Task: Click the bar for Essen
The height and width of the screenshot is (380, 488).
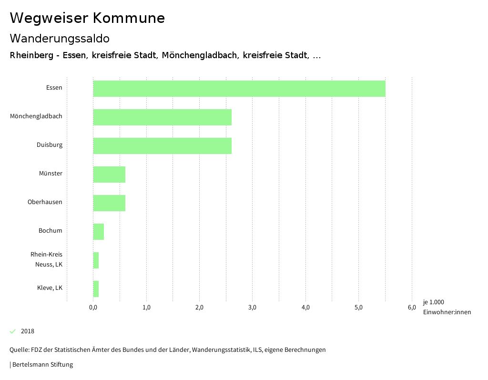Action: pos(239,89)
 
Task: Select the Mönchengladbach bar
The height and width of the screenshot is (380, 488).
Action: pos(162,117)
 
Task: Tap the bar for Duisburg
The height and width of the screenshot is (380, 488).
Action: pos(162,146)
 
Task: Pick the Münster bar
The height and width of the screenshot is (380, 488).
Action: pos(109,175)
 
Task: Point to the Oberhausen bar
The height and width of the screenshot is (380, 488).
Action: pos(109,203)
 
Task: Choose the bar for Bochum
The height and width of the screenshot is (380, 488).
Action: pos(98,232)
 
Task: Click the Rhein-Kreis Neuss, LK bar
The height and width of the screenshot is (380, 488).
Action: pos(96,260)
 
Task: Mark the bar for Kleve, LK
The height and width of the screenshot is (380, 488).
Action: pos(96,289)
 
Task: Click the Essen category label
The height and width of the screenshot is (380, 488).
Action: pos(54,88)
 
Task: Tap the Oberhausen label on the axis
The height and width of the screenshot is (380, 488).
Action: pos(45,202)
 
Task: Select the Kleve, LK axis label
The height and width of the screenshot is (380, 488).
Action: pos(50,288)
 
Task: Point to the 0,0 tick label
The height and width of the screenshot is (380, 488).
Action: pos(93,308)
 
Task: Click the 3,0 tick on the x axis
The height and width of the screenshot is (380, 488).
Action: pos(253,308)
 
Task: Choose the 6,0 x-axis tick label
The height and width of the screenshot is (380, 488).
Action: pos(412,308)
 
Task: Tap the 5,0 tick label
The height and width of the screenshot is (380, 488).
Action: pos(359,308)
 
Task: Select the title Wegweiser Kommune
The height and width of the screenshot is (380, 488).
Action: pos(87,18)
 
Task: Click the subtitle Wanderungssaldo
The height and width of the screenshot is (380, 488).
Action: pos(60,38)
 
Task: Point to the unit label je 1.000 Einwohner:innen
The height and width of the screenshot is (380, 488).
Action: pos(447,307)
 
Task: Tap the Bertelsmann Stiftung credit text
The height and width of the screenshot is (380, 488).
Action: pos(42,365)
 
